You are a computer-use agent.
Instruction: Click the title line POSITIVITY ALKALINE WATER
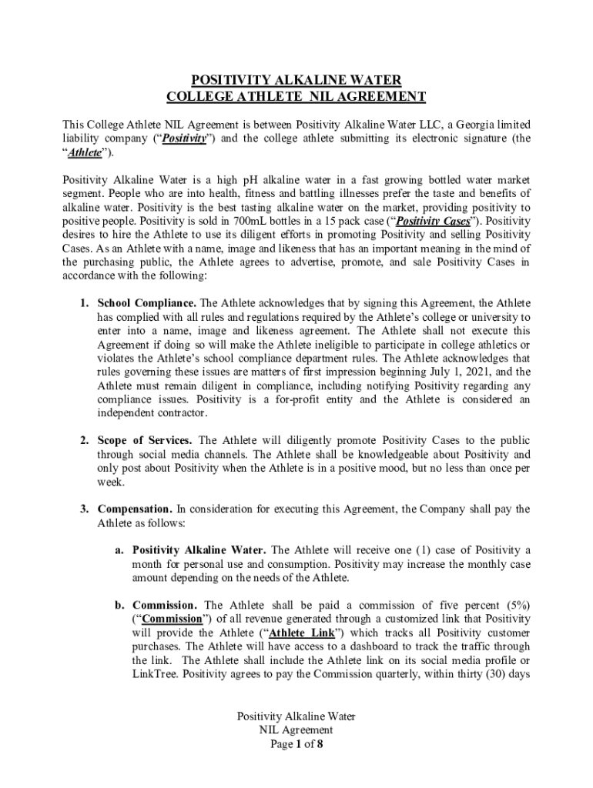(x=296, y=80)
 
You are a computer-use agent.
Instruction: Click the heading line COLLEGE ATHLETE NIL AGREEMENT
(x=296, y=97)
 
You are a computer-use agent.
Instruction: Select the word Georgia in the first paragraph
(x=477, y=125)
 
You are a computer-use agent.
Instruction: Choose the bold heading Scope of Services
(x=145, y=441)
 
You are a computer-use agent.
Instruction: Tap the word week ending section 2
(x=110, y=482)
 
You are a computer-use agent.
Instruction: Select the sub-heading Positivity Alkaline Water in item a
(x=200, y=550)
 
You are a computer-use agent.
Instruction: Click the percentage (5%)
(x=512, y=606)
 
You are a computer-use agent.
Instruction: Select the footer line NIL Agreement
(x=296, y=730)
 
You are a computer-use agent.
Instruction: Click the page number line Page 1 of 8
(x=296, y=744)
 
